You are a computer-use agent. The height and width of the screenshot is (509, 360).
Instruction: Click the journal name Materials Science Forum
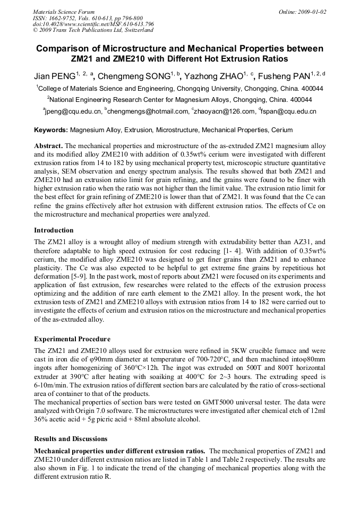pyautogui.click(x=64, y=12)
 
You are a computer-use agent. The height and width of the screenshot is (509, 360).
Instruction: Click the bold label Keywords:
pyautogui.click(x=51, y=130)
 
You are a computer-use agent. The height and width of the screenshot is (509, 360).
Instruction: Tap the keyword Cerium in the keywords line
pyautogui.click(x=281, y=130)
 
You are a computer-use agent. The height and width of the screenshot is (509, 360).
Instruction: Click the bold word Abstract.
pyautogui.click(x=48, y=145)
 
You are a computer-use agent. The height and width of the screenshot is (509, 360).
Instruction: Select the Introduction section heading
pyautogui.click(x=54, y=230)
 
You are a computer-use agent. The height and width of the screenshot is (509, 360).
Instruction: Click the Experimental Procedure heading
pyautogui.click(x=72, y=339)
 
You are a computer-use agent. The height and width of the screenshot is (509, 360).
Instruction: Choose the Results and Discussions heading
pyautogui.click(x=71, y=439)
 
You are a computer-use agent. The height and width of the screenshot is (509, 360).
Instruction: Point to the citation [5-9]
pyautogui.click(x=82, y=277)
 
